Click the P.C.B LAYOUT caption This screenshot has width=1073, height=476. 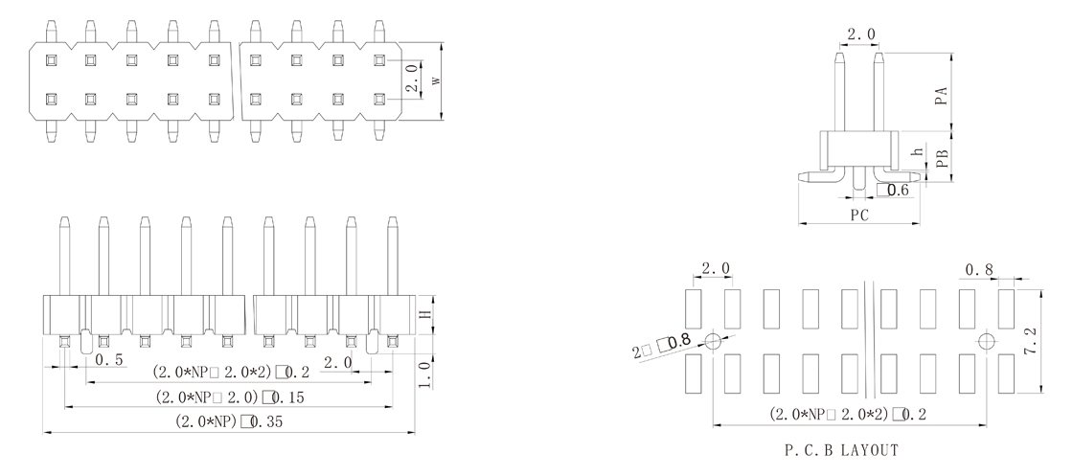pos(839,449)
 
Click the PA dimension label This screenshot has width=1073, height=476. pos(942,96)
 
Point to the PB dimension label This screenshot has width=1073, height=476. pos(942,159)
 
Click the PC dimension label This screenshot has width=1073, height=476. pos(859,215)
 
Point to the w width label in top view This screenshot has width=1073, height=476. pos(436,81)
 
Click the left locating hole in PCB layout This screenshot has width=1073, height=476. pos(714,341)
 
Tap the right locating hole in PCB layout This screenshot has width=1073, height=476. pos(987,341)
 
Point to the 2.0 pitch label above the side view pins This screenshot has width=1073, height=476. pos(858,35)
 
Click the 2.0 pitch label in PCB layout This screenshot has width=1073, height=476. pos(715,268)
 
